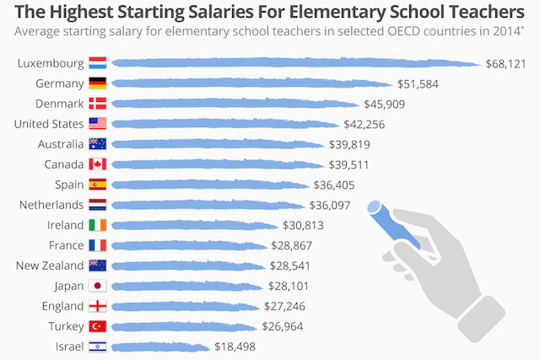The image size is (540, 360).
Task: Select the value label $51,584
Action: pyautogui.click(x=418, y=83)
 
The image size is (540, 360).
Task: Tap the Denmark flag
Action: pyautogui.click(x=98, y=104)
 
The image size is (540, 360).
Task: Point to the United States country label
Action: pyautogui.click(x=49, y=124)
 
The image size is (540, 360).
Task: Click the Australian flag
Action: pyautogui.click(x=98, y=144)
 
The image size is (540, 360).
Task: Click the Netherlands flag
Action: pyautogui.click(x=98, y=205)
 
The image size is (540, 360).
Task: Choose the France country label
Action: pyautogui.click(x=66, y=245)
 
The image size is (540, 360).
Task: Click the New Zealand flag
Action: pyautogui.click(x=98, y=266)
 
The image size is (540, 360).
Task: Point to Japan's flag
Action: pyautogui.click(x=98, y=286)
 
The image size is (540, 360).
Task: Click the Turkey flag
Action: pyautogui.click(x=98, y=326)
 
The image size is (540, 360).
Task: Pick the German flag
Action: pyautogui.click(x=98, y=83)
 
